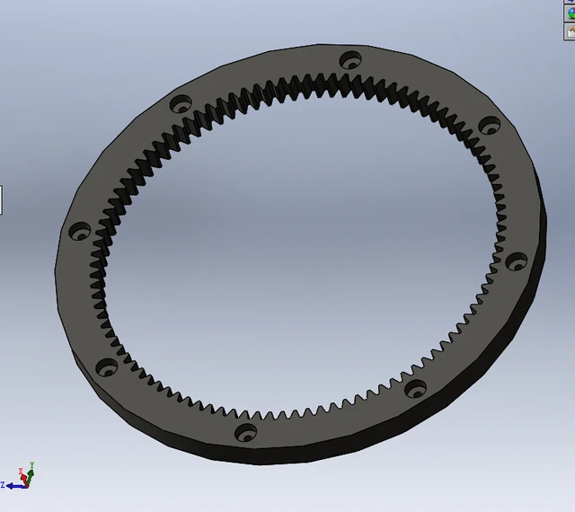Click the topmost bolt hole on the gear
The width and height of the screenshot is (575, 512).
pyautogui.click(x=349, y=60)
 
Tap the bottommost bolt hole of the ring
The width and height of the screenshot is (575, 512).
pyautogui.click(x=244, y=432)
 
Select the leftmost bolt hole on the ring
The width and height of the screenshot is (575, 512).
pyautogui.click(x=78, y=231)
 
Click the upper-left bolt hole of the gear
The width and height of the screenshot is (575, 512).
pyautogui.click(x=182, y=103)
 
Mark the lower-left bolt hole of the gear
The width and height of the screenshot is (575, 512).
pyautogui.click(x=107, y=366)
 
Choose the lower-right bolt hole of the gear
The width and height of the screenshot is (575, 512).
pyautogui.click(x=416, y=388)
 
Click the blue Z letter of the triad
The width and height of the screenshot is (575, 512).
pyautogui.click(x=4, y=485)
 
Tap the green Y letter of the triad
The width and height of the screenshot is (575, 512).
pyautogui.click(x=31, y=465)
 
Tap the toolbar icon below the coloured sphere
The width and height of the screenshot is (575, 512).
pyautogui.click(x=569, y=31)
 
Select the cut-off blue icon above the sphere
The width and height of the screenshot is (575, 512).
pyautogui.click(x=569, y=3)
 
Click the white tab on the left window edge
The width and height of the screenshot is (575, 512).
pyautogui.click(x=1, y=199)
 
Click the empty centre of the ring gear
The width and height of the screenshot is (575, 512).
pyautogui.click(x=296, y=252)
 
